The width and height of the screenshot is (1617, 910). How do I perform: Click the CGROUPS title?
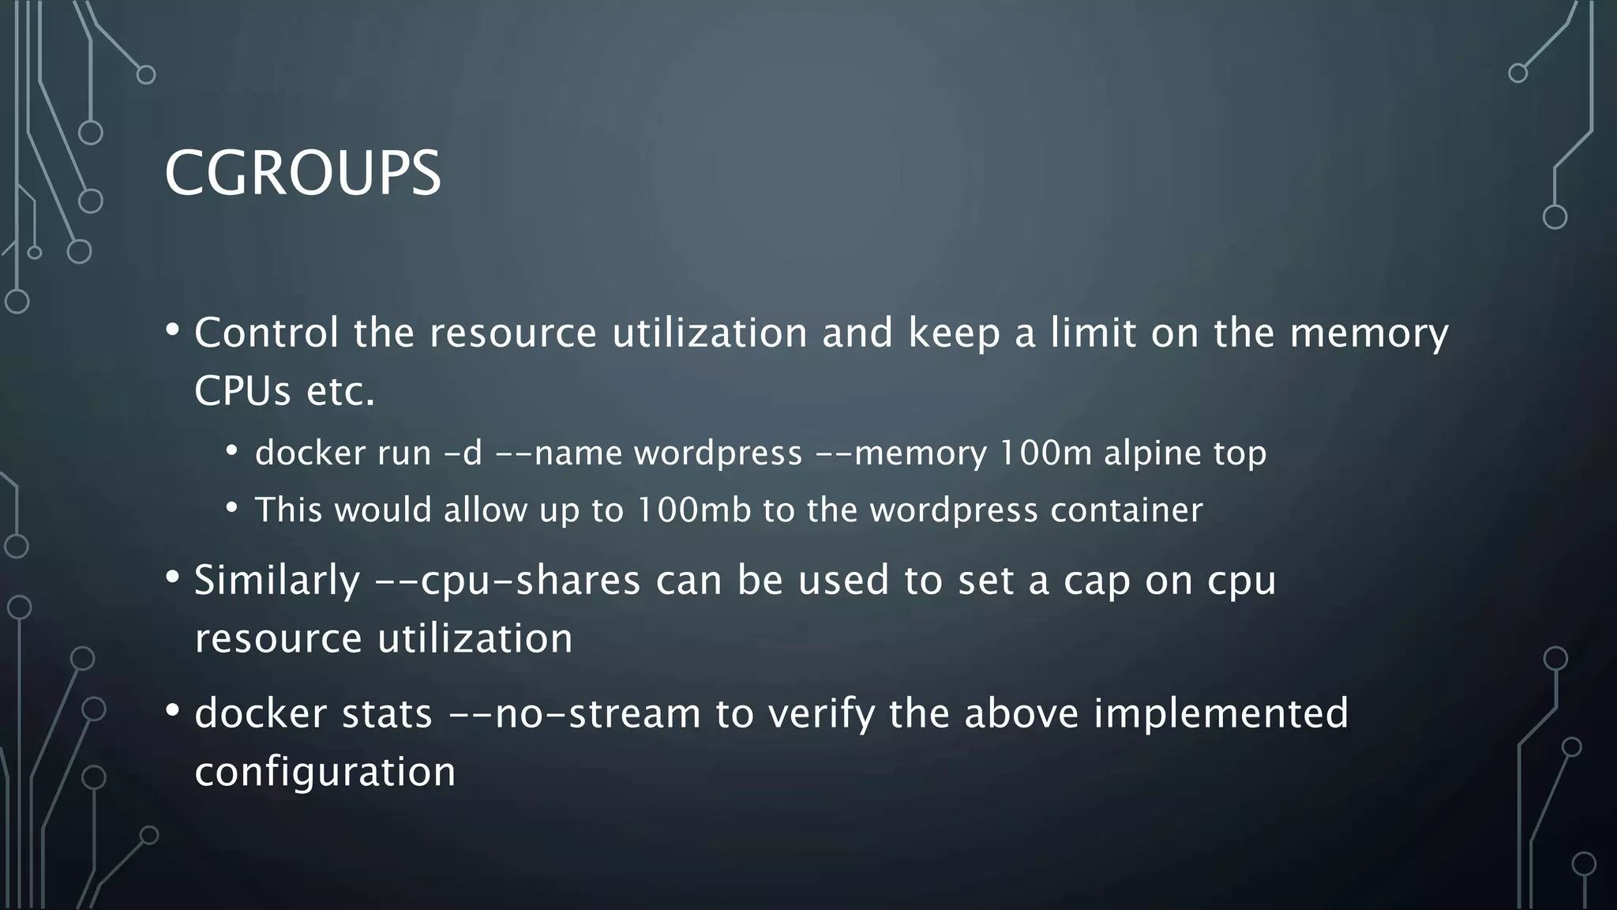(302, 173)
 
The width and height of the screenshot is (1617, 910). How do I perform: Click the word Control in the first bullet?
(266, 333)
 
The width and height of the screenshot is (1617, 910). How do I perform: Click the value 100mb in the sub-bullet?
(693, 510)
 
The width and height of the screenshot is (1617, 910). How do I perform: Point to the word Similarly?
(277, 581)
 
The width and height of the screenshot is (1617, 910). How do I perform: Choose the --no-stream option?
(574, 713)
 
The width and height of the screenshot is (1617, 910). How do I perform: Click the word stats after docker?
(387, 713)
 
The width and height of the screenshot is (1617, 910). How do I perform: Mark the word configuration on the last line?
(325, 772)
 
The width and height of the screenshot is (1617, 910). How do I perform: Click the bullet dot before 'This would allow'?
(231, 508)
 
